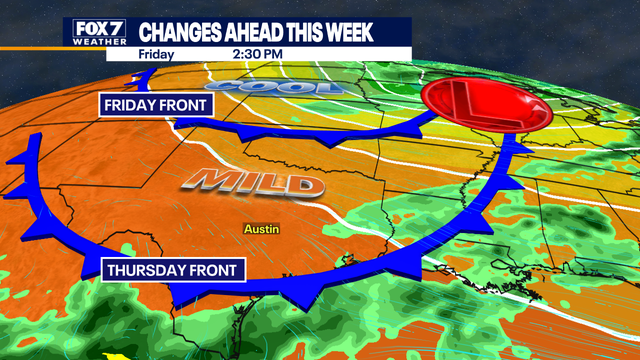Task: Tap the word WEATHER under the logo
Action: point(100,41)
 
